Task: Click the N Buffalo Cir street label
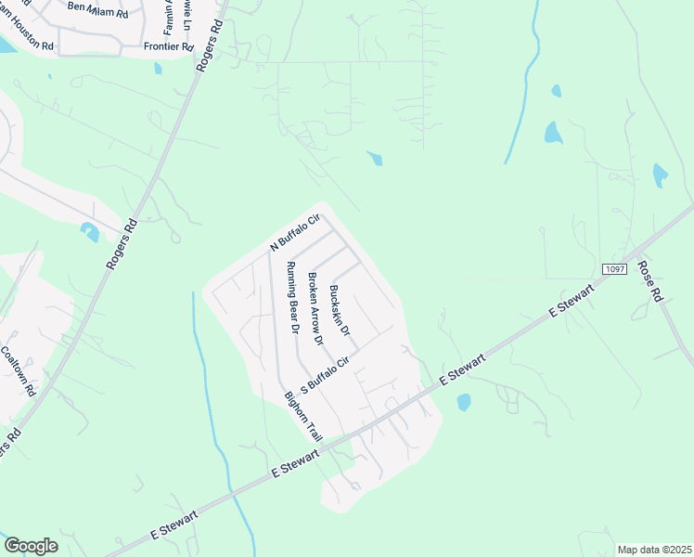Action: pos(294,233)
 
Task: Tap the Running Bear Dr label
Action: pos(291,297)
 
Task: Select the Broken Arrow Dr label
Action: pos(315,309)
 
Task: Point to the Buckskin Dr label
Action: pos(339,310)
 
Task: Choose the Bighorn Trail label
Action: pos(302,415)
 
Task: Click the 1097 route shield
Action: pos(614,268)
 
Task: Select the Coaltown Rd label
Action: pos(18,372)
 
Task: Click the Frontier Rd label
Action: pos(168,45)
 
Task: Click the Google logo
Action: pos(31,546)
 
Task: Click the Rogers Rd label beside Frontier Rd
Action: pos(210,45)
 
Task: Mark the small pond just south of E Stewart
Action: pos(464,402)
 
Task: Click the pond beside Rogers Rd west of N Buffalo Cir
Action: pos(90,231)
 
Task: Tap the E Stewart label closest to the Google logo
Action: pos(174,527)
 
